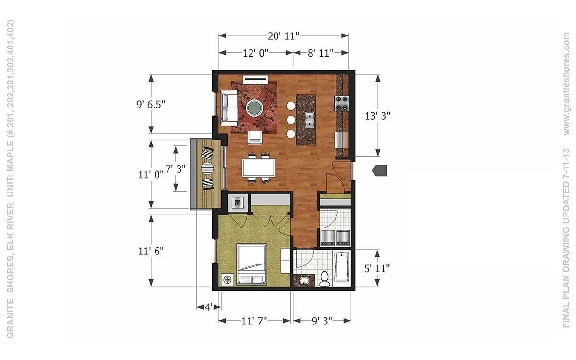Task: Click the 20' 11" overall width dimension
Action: (x=283, y=36)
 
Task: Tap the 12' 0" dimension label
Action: (x=255, y=53)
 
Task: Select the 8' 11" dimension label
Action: (x=321, y=53)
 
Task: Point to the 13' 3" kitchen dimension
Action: (x=377, y=116)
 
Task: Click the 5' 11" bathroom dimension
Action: (x=377, y=268)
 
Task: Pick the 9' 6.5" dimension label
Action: (x=151, y=105)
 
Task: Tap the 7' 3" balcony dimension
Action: (x=176, y=169)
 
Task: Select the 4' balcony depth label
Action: (x=208, y=307)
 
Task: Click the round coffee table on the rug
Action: (x=254, y=108)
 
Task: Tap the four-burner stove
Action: (x=341, y=103)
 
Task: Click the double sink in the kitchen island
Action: (x=309, y=120)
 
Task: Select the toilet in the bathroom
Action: (x=324, y=278)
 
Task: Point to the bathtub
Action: (x=341, y=267)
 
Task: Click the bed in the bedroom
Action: (x=252, y=264)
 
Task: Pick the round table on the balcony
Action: (x=207, y=169)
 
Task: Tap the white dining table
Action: (x=259, y=168)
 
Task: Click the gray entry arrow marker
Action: (x=380, y=170)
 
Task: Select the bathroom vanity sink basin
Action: (x=304, y=280)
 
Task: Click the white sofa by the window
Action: (x=229, y=108)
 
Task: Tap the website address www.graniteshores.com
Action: (x=566, y=84)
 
